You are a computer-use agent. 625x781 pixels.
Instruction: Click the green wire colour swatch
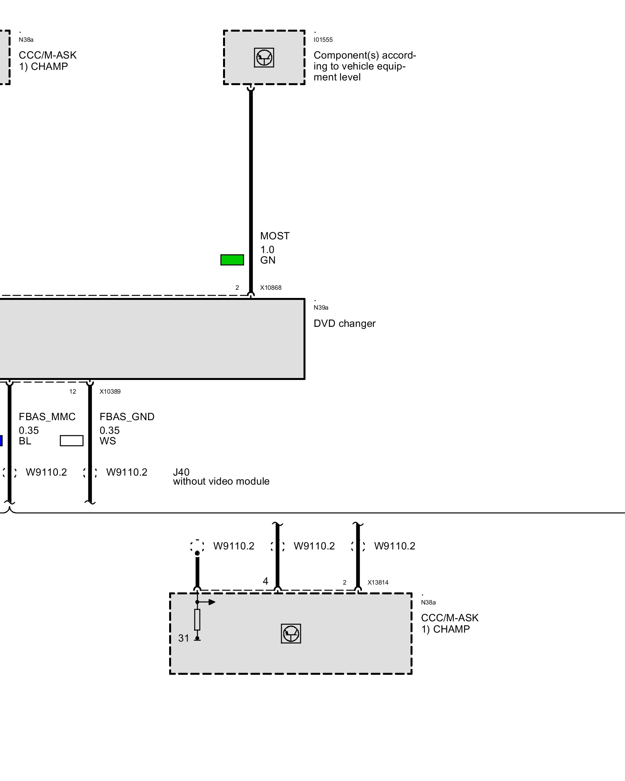coord(232,260)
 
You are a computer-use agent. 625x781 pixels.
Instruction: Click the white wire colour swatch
coord(71,440)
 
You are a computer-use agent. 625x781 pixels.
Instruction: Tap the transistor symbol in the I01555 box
coord(264,58)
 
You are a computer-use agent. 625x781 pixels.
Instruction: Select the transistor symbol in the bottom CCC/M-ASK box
coord(291,633)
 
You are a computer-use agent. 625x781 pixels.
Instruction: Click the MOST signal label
coord(275,236)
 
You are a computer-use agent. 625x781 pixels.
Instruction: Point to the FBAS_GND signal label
coord(127,417)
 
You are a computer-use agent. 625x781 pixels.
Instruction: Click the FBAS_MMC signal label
coord(47,417)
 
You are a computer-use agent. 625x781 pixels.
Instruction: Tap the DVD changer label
coord(344,323)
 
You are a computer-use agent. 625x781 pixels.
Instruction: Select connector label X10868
coord(271,288)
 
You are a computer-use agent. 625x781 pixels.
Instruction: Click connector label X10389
coord(110,392)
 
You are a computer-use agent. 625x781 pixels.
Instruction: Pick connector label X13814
coord(378,583)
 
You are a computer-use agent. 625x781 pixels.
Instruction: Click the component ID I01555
coord(323,40)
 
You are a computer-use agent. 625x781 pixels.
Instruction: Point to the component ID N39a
coord(321,308)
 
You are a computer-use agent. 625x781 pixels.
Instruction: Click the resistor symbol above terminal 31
coord(197,620)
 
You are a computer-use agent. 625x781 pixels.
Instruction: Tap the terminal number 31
coord(184,638)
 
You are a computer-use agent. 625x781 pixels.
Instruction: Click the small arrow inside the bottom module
coord(211,602)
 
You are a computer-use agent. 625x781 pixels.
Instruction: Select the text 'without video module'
coord(221,481)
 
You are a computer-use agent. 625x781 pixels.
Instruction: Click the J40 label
coord(181,472)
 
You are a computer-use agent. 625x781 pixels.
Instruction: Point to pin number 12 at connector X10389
coord(73,392)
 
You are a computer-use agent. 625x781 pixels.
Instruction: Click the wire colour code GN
coord(268,260)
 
